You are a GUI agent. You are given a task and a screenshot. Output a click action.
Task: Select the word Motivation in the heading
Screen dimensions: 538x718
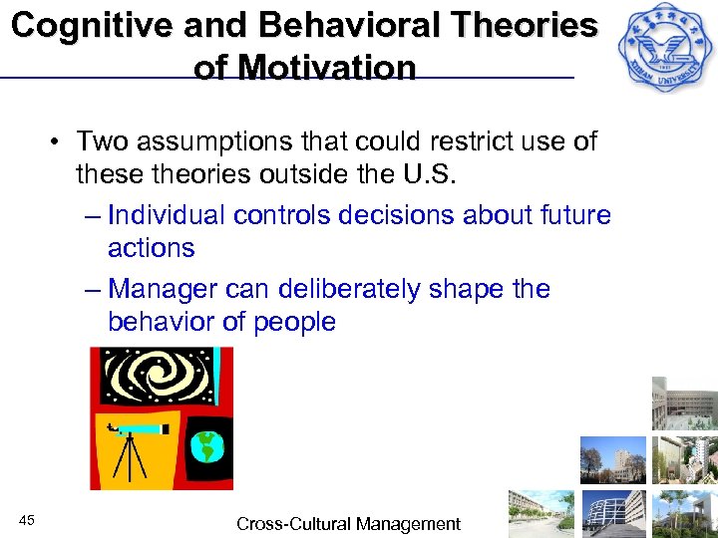click(x=305, y=68)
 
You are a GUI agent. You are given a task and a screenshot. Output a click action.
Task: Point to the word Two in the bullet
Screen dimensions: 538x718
click(x=103, y=141)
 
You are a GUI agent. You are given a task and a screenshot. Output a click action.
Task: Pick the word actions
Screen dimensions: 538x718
click(x=152, y=248)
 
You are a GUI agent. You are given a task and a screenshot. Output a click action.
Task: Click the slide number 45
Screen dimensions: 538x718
click(x=27, y=521)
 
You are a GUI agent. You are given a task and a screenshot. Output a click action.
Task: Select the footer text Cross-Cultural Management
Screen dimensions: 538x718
click(x=348, y=524)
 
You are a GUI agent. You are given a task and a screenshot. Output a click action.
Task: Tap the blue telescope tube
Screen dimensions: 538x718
click(x=144, y=429)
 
